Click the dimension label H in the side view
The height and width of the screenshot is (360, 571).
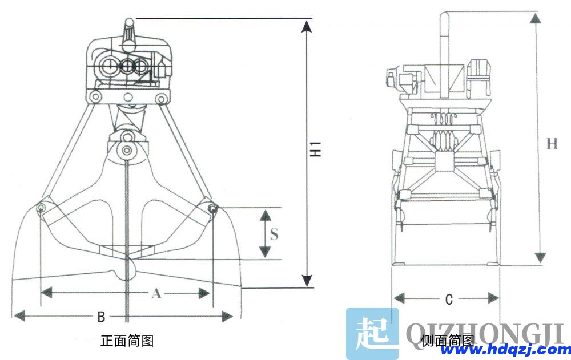pos(551,143)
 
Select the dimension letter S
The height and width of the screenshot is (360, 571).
pos(275,234)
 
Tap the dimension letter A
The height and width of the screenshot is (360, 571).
pos(155,293)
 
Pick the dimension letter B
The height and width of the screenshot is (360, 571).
pos(100,315)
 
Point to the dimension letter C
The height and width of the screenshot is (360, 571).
pos(449,298)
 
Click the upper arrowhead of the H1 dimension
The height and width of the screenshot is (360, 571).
pos(307,26)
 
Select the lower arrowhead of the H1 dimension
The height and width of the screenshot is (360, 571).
pos(307,281)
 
